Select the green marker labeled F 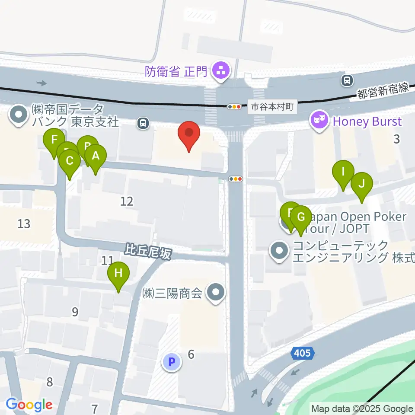[54, 140]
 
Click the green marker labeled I [343, 172]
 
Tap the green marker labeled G [301, 216]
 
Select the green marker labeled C [70, 161]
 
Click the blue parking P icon [172, 361]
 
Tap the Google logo [29, 405]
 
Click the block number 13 [24, 223]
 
